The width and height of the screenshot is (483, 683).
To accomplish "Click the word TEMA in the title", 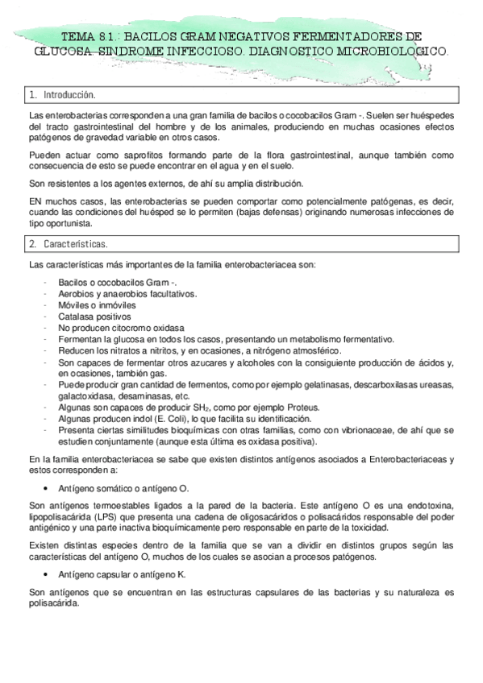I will click(x=79, y=36).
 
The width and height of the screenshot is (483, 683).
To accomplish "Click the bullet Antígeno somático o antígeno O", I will click(x=123, y=488).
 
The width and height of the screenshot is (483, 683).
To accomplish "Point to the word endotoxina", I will click(x=429, y=505).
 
